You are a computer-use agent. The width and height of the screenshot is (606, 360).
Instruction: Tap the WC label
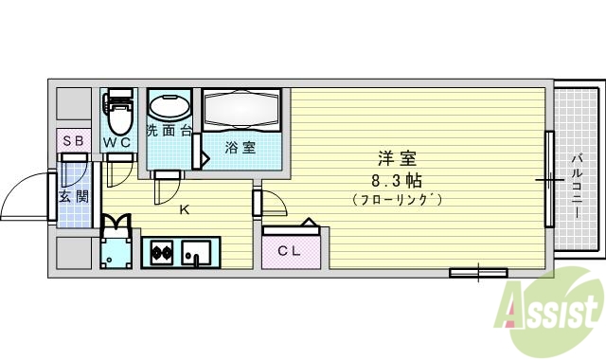click(118, 142)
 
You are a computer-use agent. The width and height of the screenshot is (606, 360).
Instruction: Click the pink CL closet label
click(290, 250)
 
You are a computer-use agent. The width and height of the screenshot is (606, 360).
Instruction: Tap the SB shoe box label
click(73, 141)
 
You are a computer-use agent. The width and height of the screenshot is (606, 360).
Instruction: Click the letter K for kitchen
click(185, 210)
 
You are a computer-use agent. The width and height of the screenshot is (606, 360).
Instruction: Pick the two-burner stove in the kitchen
click(159, 253)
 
